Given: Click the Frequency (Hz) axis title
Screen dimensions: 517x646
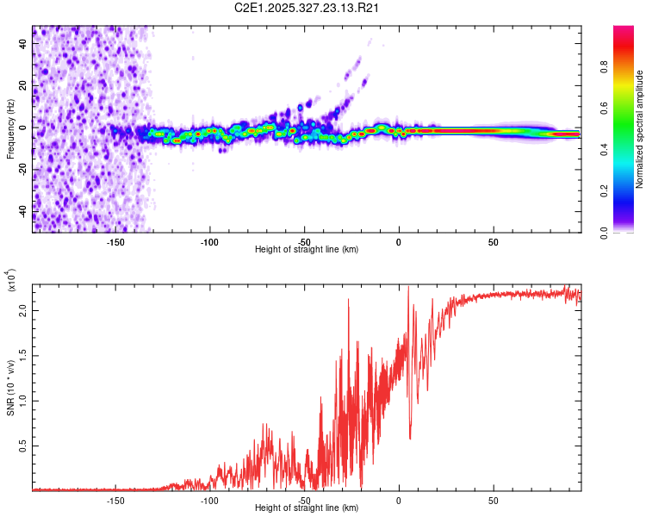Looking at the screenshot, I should pyautogui.click(x=10, y=129).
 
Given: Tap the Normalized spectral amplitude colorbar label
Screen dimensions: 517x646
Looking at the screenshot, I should pyautogui.click(x=639, y=129).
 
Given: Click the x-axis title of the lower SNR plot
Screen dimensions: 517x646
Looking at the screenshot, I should pyautogui.click(x=306, y=508).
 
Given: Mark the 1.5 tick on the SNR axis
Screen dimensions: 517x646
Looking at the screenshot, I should pyautogui.click(x=24, y=355).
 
